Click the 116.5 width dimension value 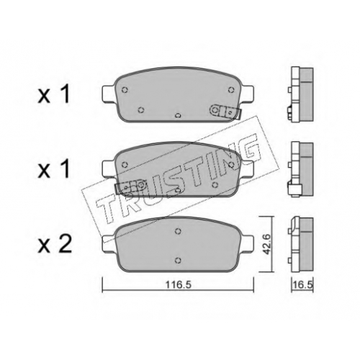(x=178, y=285)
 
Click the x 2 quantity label (x=55, y=245)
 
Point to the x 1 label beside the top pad (x=54, y=95)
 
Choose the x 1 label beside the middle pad (x=54, y=170)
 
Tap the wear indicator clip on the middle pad (x=131, y=186)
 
